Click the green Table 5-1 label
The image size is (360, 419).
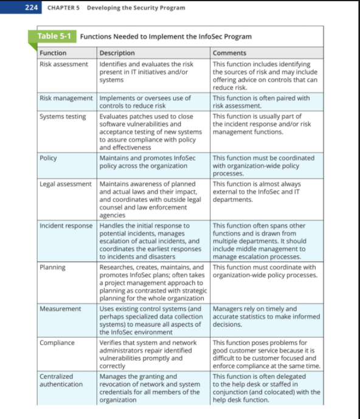(54, 36)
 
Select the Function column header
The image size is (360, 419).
(53, 53)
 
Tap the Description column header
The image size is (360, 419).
(117, 53)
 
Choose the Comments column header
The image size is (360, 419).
(229, 53)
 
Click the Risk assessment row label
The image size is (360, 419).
(64, 64)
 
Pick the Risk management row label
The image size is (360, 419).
(66, 98)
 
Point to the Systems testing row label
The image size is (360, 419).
(63, 116)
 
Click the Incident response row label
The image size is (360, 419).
(66, 226)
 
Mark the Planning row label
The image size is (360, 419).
(52, 267)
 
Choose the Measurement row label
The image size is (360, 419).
(60, 309)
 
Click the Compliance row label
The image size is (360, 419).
(57, 342)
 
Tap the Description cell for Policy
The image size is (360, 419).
(150, 162)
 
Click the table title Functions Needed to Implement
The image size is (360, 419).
(165, 36)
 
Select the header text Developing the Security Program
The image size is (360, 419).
(136, 8)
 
